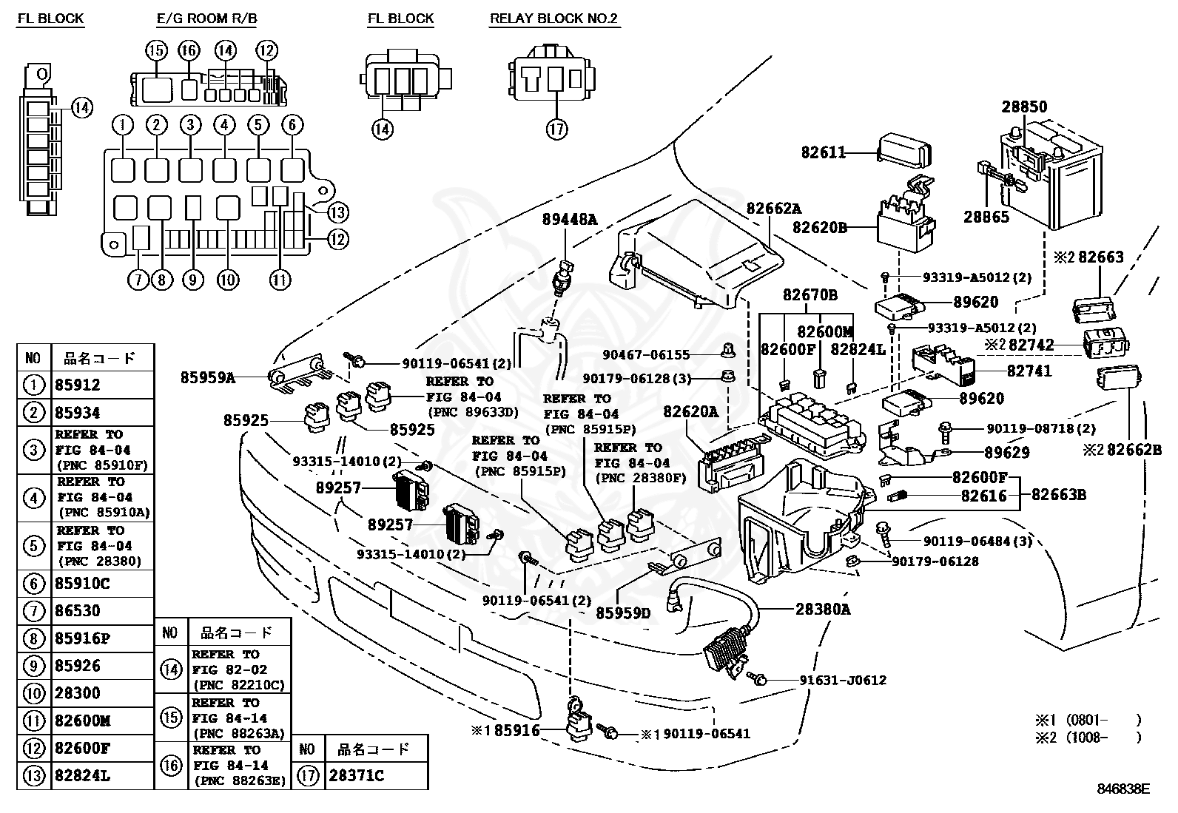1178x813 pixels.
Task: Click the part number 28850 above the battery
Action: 1024,107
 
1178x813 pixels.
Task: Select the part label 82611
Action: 823,152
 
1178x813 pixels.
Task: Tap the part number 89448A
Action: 569,219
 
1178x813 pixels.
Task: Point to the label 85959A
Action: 207,377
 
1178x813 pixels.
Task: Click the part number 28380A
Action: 823,609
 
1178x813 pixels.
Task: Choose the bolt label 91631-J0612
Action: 842,680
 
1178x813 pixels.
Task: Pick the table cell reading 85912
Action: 77,385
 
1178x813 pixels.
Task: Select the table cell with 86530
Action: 77,611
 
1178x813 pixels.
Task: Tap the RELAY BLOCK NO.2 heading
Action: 553,18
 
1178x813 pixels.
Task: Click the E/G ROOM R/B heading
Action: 206,18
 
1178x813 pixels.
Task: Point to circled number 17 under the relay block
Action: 556,129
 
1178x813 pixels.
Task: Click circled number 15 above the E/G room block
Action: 156,50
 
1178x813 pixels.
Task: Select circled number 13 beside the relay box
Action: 337,213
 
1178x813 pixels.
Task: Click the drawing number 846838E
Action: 1123,789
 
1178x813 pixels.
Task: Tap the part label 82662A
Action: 773,209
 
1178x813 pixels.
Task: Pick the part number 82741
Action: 1029,371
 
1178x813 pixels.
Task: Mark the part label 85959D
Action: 623,612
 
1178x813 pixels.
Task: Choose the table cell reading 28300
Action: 77,693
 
